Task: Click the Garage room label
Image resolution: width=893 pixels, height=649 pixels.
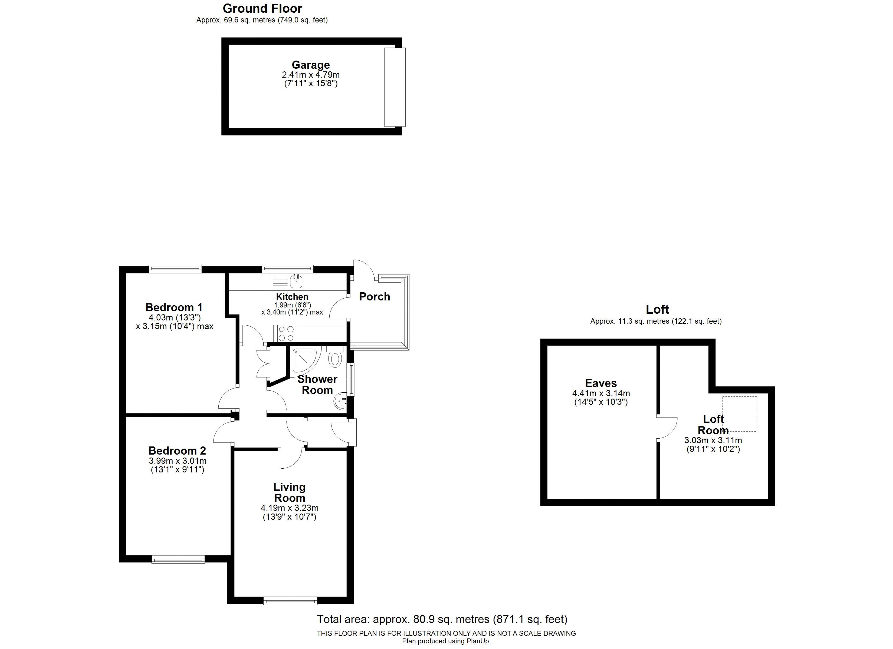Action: [311, 65]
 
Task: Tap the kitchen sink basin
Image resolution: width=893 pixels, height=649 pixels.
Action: [296, 282]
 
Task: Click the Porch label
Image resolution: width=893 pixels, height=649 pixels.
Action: [375, 296]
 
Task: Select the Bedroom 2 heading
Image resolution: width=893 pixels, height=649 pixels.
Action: [177, 450]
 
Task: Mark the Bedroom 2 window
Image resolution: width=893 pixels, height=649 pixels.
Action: [178, 559]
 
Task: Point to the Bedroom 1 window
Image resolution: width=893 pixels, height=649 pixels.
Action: [175, 269]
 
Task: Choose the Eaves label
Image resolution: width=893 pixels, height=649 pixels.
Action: [601, 383]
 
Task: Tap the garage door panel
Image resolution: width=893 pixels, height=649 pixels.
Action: [395, 87]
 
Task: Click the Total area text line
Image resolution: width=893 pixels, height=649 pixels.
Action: [442, 620]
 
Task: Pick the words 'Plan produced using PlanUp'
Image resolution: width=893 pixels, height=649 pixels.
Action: [446, 641]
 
